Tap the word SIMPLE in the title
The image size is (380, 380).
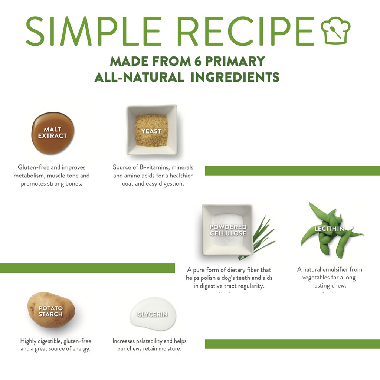click(93, 31)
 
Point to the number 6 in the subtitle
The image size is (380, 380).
click(197, 61)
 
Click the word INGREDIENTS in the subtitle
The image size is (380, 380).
click(235, 77)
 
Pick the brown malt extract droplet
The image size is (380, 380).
click(53, 133)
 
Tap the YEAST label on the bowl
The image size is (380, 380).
click(151, 131)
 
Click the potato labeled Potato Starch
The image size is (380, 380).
click(51, 310)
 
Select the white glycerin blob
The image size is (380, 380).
click(153, 312)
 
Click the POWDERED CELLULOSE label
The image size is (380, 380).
click(228, 230)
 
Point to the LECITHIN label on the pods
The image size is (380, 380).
click(329, 229)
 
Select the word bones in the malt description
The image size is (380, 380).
click(74, 183)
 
